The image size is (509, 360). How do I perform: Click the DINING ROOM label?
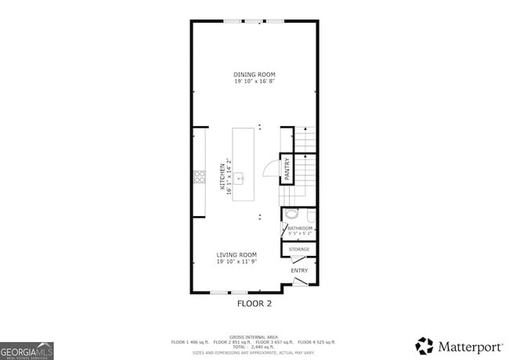pos(254,74)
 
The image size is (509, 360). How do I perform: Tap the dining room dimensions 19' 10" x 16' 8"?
pos(254,81)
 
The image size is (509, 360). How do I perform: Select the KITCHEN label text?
pos(222,178)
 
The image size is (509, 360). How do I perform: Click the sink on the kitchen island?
pos(242,178)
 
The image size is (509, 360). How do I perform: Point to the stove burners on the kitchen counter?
pos(199,178)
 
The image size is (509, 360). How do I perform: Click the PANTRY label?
pos(287,170)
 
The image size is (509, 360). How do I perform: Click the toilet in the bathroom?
pos(291,213)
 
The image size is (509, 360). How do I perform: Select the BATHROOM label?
pos(300,228)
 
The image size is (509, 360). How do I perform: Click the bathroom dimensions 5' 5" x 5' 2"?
pos(300,233)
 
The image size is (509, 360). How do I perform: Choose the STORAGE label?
pos(299,250)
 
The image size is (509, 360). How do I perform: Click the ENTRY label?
pos(299,271)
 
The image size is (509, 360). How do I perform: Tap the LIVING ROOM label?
pos(236,254)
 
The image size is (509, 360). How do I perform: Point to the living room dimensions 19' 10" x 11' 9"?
pos(236,261)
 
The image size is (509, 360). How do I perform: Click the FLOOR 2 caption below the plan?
pos(254,302)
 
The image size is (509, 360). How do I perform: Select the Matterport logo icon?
pos(424,345)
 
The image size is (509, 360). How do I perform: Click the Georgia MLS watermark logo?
pos(27,349)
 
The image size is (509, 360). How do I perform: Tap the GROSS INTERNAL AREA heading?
pos(254,337)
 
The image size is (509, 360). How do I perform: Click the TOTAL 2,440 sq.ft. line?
pos(254,346)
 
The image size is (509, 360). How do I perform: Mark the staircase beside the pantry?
pos(305,157)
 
